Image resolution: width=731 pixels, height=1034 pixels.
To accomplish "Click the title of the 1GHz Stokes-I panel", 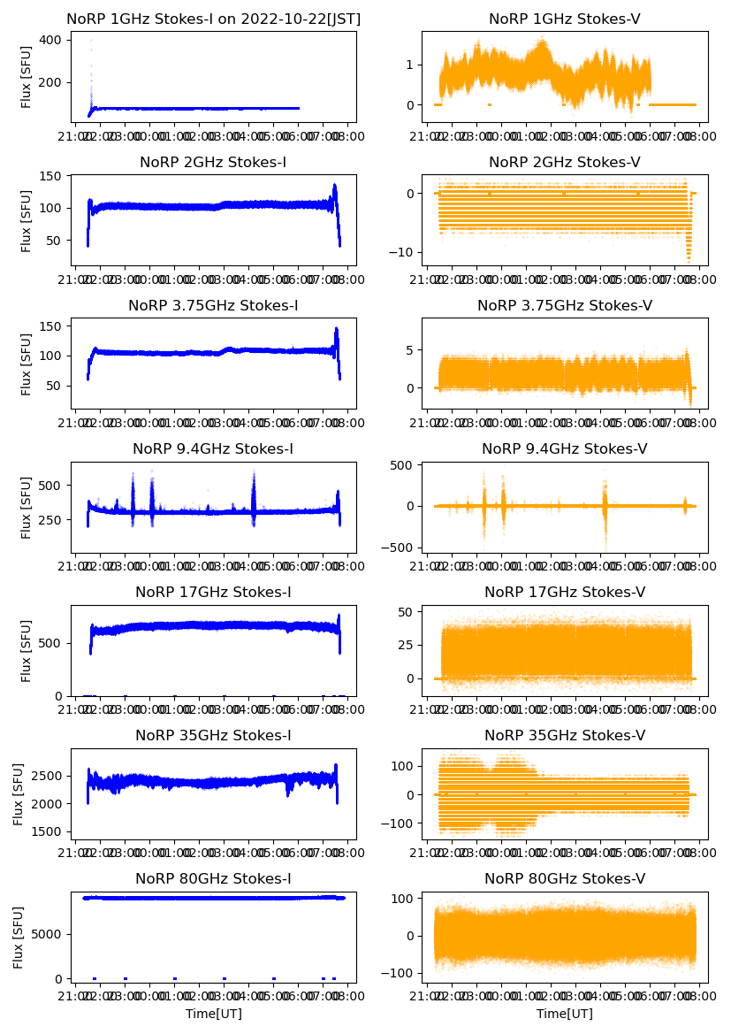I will [213, 19].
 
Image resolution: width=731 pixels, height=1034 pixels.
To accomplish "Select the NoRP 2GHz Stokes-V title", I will [564, 162].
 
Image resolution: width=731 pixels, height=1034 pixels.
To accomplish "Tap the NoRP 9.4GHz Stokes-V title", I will [564, 448].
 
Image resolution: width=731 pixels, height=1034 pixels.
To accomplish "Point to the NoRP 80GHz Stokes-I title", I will [213, 878].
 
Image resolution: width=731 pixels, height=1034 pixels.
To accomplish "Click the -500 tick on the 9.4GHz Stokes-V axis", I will [400, 548].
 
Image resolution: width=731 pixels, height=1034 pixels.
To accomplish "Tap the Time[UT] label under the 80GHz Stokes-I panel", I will [213, 1014].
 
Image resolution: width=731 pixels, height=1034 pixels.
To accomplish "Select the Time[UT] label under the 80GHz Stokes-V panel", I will [564, 1014].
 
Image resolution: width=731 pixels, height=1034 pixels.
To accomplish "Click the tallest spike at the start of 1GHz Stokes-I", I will [90, 41].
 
